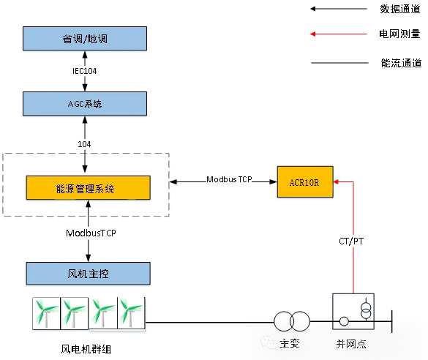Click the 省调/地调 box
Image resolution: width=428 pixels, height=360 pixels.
(85, 39)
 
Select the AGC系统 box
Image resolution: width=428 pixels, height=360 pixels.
(85, 104)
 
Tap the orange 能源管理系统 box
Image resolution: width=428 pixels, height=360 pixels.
(89, 188)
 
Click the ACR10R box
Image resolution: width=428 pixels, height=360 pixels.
(305, 181)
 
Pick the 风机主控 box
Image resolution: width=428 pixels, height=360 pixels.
(89, 274)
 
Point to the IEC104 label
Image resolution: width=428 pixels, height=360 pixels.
(85, 71)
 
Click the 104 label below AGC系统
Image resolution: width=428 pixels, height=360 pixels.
(84, 144)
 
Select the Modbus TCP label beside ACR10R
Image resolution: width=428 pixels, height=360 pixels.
(229, 179)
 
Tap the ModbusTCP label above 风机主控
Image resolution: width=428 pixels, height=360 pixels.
(91, 233)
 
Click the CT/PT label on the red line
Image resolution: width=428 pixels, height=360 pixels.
(351, 241)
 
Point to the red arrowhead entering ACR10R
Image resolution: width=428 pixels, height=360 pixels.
(336, 181)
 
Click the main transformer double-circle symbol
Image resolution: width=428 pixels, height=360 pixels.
(292, 321)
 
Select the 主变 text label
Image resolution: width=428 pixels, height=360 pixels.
(290, 343)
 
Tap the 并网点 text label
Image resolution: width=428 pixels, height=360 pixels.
(351, 344)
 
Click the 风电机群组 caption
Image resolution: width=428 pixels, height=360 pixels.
(86, 349)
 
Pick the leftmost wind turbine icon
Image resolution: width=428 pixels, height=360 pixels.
(46, 313)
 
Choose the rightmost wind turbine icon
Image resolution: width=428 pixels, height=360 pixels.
(131, 313)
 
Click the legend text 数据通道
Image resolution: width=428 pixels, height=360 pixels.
(400, 9)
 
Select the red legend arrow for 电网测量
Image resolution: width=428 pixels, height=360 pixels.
(339, 34)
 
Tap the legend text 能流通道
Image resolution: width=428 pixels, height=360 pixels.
(401, 63)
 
